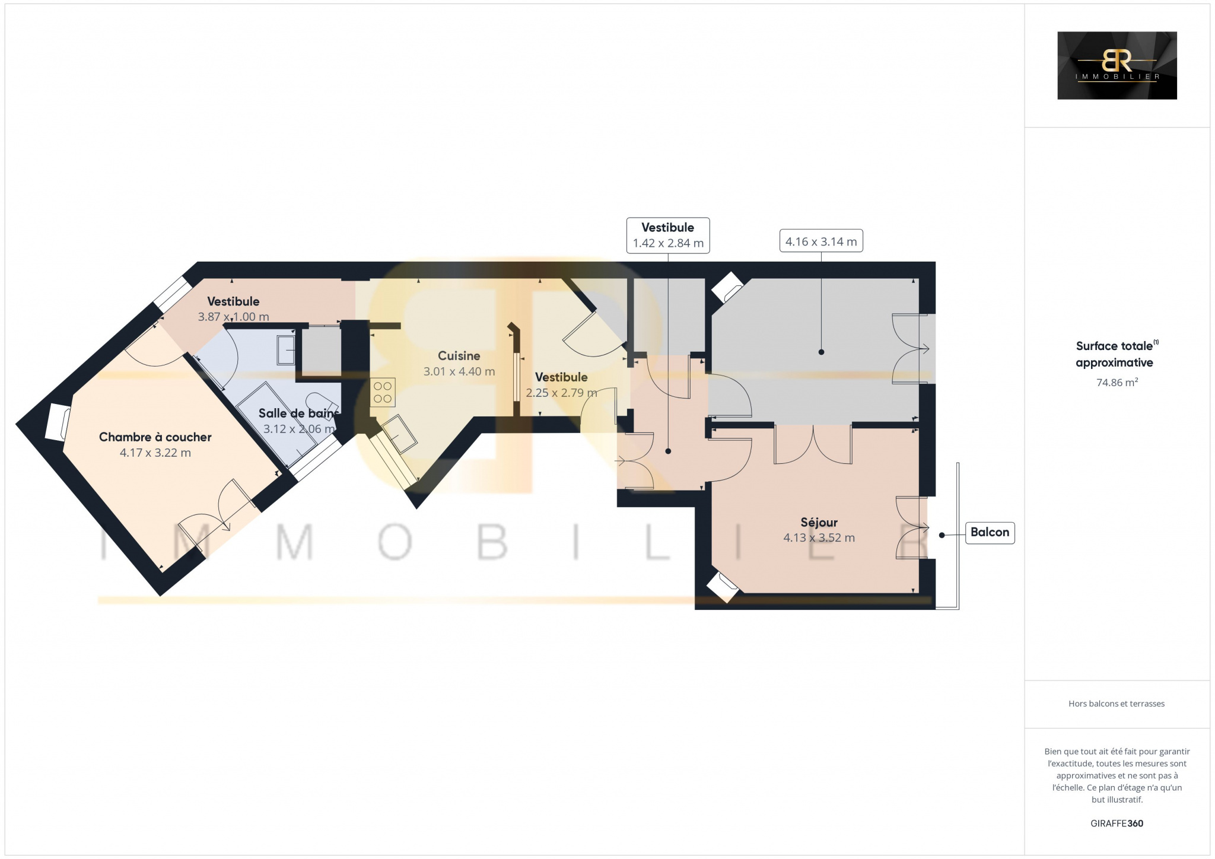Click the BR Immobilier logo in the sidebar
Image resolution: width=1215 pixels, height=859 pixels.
point(1117,65)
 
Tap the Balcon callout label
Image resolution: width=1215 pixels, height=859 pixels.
point(990,532)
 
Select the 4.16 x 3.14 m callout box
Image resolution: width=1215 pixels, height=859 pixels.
point(821,241)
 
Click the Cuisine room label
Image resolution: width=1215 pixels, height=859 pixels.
point(459,356)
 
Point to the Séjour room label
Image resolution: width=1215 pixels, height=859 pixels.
point(819,523)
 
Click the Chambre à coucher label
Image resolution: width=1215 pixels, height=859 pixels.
point(155,437)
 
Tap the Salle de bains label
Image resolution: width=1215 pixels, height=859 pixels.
point(299,413)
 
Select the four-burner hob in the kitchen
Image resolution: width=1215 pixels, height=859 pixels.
point(383,392)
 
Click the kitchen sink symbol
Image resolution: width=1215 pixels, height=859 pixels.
point(399,433)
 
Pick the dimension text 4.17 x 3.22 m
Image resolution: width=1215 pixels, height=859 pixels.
point(155,453)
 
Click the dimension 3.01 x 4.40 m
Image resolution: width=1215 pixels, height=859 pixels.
point(459,372)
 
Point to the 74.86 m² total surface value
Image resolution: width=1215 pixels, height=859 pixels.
point(1117,383)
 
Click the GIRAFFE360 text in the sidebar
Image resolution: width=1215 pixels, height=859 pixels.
point(1117,823)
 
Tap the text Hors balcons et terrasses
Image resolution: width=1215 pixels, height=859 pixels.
point(1117,704)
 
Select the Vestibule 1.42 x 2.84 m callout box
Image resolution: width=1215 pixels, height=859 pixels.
point(668,236)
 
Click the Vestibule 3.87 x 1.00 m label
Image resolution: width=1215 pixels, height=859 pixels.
point(233,309)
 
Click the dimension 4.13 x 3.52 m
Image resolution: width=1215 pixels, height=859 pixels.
point(819,538)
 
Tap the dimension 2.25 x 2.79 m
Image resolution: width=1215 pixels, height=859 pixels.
point(561,393)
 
